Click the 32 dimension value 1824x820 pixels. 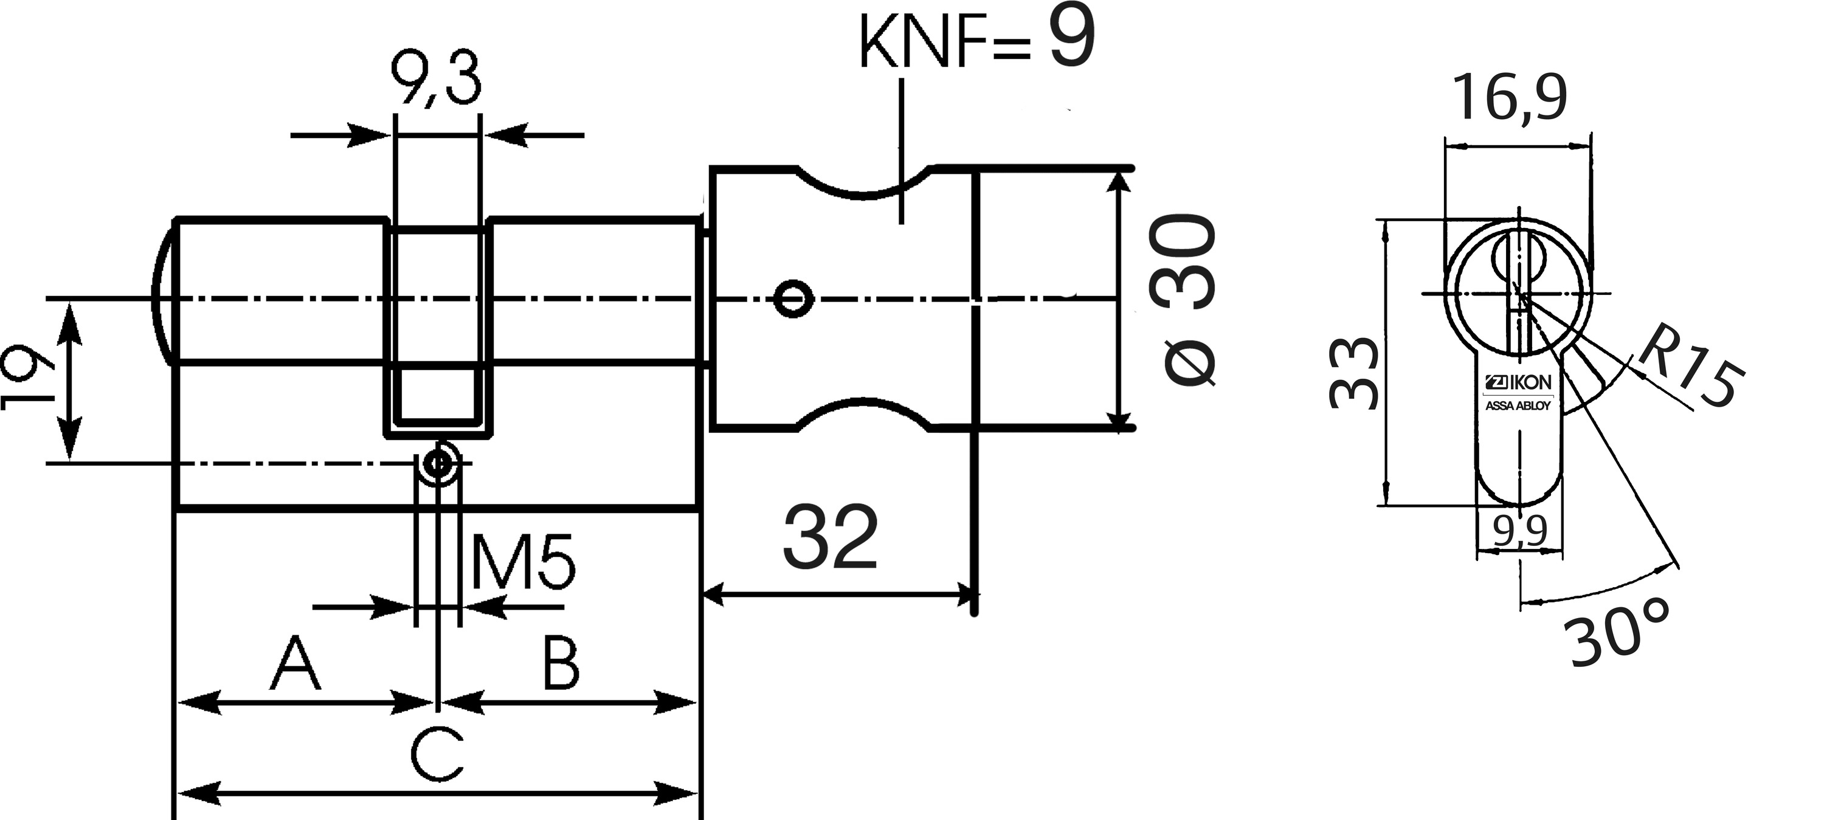[x=831, y=537]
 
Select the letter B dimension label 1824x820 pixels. [x=560, y=664]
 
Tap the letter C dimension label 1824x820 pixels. [x=437, y=753]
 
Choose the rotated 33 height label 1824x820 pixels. [x=1354, y=373]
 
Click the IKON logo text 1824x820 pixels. [x=1518, y=382]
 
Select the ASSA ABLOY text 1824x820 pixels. [x=1518, y=406]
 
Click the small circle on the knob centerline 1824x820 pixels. [x=792, y=299]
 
